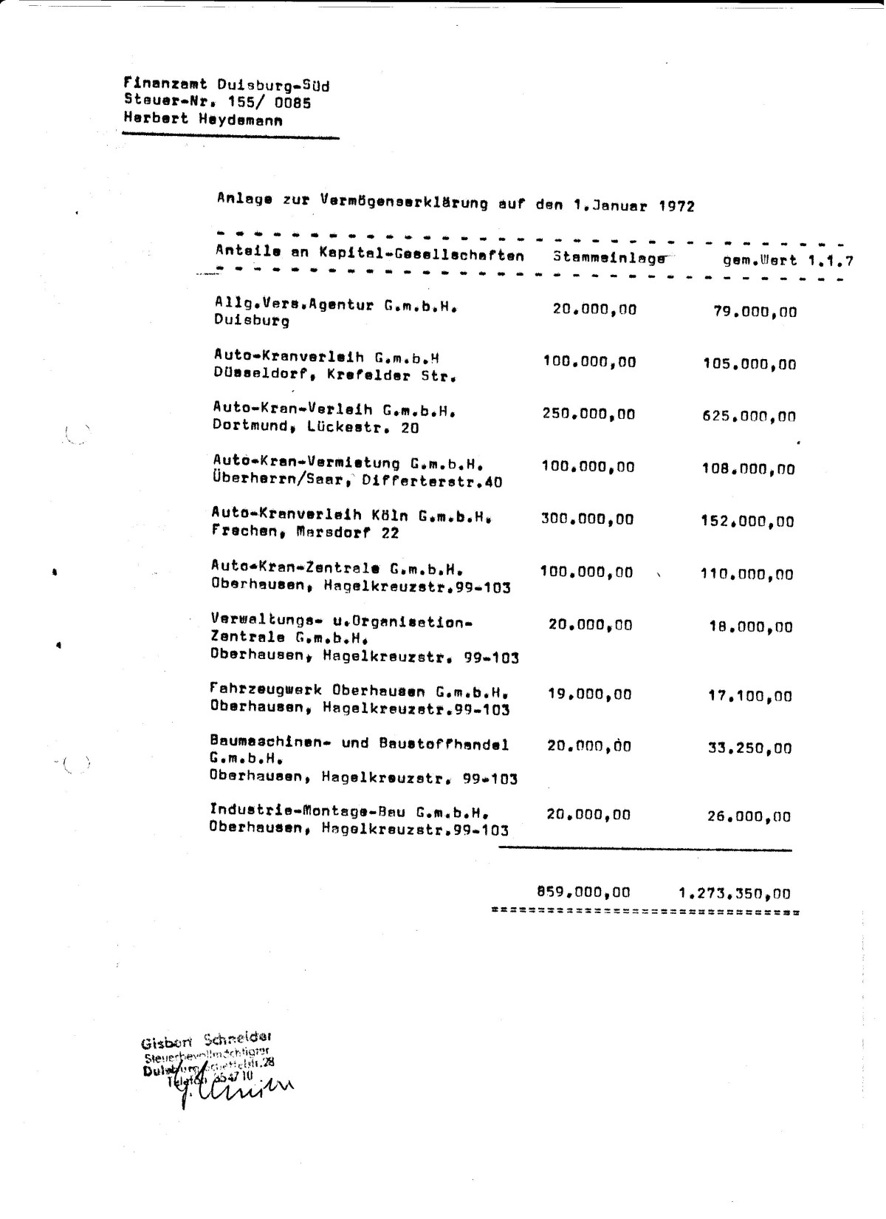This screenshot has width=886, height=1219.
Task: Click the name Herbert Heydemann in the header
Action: click(202, 119)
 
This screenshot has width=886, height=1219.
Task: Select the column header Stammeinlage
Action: click(609, 258)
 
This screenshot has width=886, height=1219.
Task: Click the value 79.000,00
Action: click(755, 311)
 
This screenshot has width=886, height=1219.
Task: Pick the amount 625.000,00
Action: click(749, 417)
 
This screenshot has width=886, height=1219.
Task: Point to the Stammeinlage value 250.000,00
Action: click(588, 414)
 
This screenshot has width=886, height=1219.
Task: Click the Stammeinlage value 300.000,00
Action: click(587, 519)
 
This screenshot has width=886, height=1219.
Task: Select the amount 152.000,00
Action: click(747, 522)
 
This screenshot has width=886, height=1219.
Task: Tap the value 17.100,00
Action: click(749, 696)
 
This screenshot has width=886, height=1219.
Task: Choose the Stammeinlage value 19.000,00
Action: click(589, 694)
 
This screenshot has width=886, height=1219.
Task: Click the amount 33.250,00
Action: click(749, 748)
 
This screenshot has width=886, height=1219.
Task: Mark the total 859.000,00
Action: click(583, 892)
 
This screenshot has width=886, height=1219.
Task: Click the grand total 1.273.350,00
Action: click(734, 893)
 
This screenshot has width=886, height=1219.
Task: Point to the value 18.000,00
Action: click(749, 627)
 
